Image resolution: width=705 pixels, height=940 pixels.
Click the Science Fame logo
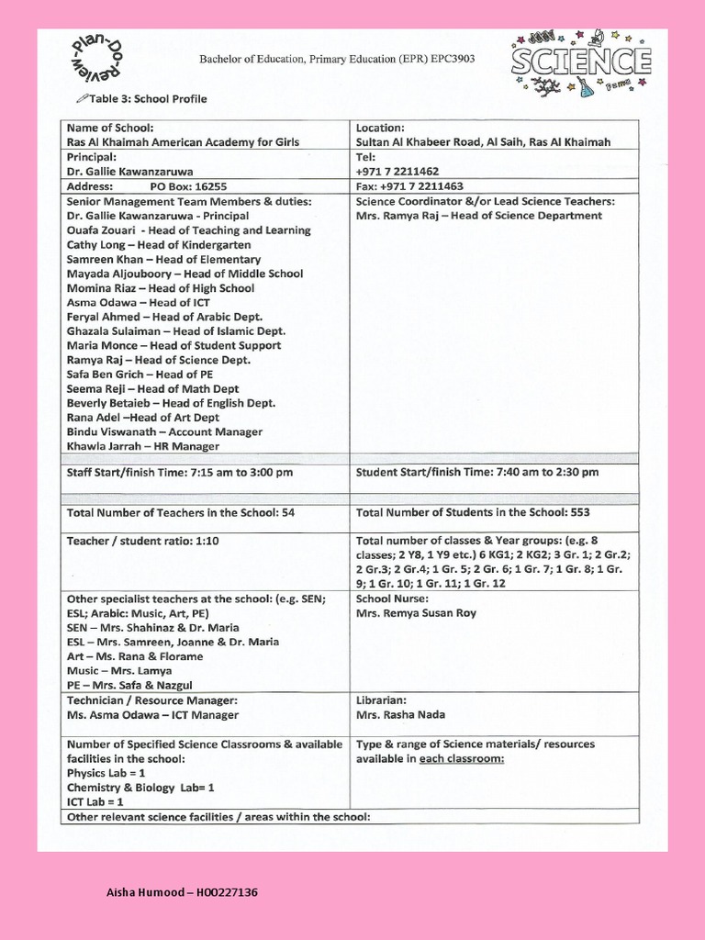[581, 63]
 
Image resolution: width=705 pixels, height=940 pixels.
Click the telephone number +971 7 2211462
[397, 171]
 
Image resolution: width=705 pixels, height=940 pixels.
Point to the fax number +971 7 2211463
[408, 185]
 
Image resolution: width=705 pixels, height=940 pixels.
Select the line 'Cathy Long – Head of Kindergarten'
[159, 245]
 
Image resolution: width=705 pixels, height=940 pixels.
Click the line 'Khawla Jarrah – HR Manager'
[143, 446]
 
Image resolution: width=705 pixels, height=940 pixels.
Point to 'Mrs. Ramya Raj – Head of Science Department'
[478, 216]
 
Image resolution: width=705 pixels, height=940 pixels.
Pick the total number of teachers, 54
[288, 512]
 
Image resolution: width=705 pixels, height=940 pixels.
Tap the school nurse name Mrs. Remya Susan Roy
[416, 613]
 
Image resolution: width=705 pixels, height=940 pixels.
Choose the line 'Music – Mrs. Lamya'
[119, 671]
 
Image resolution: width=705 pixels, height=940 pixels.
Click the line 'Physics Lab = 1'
[106, 773]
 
